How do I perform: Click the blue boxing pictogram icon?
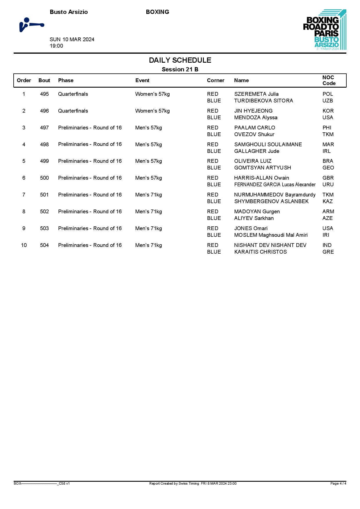pos(31,25)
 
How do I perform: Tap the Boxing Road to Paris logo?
pos(325,30)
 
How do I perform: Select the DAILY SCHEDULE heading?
pos(180,60)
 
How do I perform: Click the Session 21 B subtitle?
pos(180,69)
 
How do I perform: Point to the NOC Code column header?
pos(329,80)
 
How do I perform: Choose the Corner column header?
pos(215,80)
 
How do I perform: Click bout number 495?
pos(44,94)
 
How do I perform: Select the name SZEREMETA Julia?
pos(256,94)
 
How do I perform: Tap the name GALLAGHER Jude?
pos(257,151)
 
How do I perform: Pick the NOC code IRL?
pos(327,151)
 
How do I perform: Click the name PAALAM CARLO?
pos(255,128)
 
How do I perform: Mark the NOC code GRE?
pos(328,252)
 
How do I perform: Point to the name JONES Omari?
pos(251,228)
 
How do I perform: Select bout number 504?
pos(44,245)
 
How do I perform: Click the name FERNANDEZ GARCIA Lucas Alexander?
pos(275,185)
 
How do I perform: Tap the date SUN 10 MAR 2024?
pos(72,39)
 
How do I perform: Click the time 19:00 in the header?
pos(56,46)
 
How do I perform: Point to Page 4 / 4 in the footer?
pos(338,483)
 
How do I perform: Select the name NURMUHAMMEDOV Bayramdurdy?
pos(275,195)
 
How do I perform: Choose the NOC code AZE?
pos(327,218)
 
